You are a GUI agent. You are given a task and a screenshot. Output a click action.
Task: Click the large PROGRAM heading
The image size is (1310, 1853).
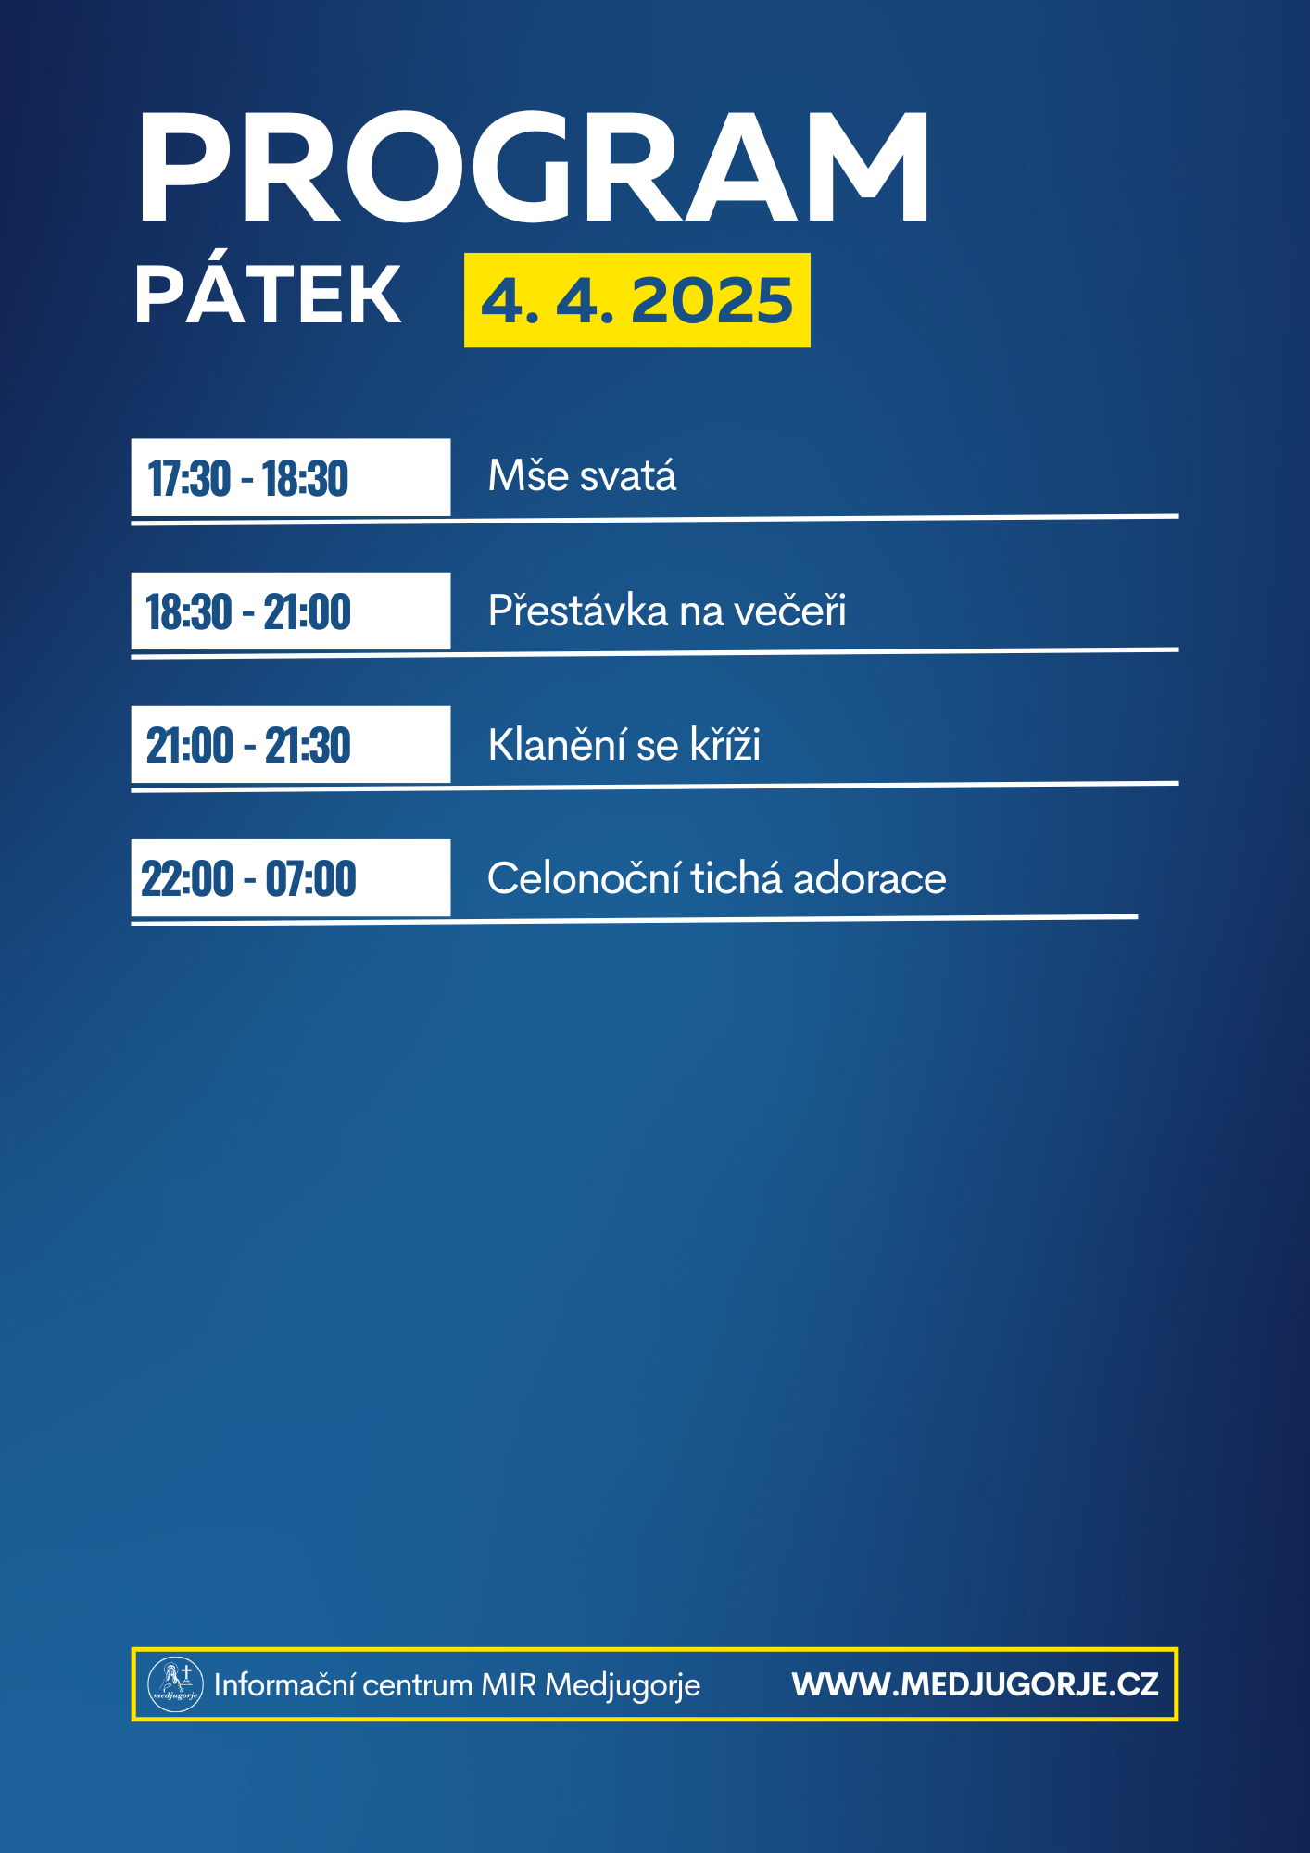click(533, 168)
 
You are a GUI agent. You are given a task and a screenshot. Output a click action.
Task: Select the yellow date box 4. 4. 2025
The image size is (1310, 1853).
click(637, 300)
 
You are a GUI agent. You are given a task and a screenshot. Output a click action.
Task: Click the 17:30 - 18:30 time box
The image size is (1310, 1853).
click(291, 477)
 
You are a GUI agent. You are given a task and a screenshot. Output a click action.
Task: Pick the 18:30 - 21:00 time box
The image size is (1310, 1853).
click(291, 611)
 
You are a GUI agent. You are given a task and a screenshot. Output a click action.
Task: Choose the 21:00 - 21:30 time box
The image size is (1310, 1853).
click(291, 744)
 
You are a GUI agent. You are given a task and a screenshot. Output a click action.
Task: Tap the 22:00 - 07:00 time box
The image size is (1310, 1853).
click(291, 877)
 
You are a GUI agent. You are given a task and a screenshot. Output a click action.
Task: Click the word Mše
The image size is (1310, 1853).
click(528, 475)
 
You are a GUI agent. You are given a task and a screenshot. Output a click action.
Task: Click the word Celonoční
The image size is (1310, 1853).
click(584, 877)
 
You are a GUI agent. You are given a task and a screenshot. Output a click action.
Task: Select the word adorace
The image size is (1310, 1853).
click(869, 878)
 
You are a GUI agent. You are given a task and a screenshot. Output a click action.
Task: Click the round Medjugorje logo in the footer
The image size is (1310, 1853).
click(175, 1683)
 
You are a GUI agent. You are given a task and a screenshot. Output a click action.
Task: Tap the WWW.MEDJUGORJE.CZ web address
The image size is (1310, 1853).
click(975, 1684)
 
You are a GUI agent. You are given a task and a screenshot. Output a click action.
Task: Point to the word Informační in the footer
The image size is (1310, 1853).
click(283, 1684)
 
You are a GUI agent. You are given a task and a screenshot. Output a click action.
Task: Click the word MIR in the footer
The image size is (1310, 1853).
click(509, 1684)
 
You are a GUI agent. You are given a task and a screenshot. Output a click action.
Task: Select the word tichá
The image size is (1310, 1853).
click(737, 876)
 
